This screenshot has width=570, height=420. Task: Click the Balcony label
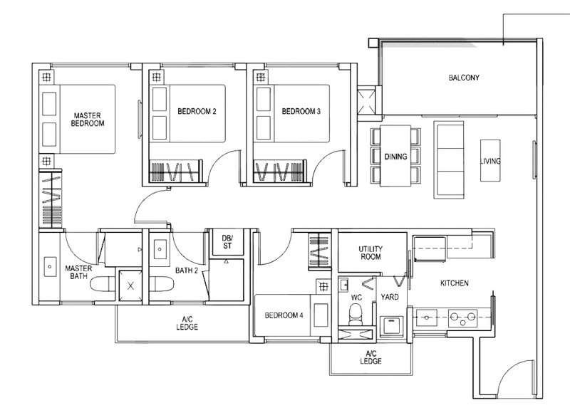464,78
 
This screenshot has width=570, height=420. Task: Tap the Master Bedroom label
87,119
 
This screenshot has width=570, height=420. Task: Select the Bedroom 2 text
197,111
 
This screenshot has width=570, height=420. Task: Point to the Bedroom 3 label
301,111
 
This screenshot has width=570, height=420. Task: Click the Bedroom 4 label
284,315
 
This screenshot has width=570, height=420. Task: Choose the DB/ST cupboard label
227,242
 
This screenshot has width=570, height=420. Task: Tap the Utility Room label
370,253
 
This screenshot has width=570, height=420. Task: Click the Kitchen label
455,283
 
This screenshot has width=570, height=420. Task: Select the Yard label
390,297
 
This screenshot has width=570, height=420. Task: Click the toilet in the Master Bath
102,284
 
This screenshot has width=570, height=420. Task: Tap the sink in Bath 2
160,249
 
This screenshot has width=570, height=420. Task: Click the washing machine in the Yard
391,327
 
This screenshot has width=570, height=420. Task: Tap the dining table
395,156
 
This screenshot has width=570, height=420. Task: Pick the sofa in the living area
449,160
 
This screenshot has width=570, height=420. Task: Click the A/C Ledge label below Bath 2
187,323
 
